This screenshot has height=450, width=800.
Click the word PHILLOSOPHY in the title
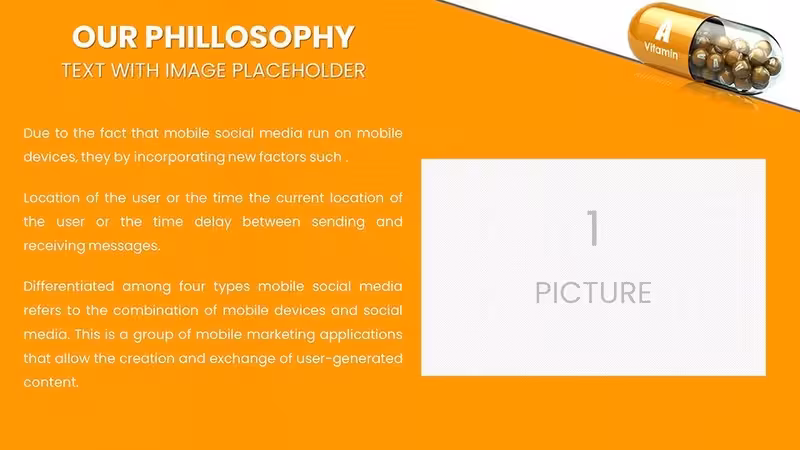click(249, 37)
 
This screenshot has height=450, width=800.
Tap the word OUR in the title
click(105, 37)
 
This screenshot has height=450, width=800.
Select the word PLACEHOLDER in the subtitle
click(299, 70)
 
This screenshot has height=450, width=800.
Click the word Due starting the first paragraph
click(36, 133)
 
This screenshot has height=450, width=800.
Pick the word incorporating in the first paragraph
click(179, 157)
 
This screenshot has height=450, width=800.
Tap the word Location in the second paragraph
click(52, 197)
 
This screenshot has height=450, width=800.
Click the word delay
click(213, 222)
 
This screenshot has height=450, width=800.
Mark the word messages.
click(124, 246)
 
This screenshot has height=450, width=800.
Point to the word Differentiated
click(69, 286)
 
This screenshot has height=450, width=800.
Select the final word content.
click(51, 382)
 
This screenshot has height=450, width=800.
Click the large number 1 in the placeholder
click(593, 228)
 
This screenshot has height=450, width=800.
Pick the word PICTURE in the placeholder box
click(593, 293)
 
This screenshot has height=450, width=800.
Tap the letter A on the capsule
click(663, 31)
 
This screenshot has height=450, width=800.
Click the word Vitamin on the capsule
click(661, 51)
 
